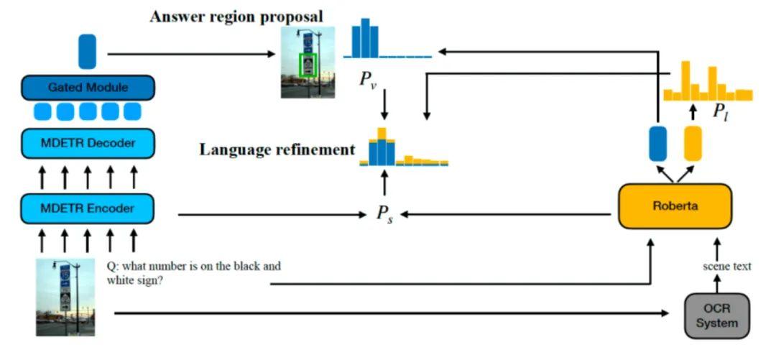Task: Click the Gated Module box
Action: pos(88,88)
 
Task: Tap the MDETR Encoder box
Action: pos(88,208)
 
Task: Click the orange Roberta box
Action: pos(675,206)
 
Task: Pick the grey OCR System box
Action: pos(716,315)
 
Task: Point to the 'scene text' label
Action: pos(726,267)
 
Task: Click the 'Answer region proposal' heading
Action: pos(236,16)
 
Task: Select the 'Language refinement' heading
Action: pos(277,149)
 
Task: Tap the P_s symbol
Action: pos(384,214)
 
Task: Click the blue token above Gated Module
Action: pos(87,52)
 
